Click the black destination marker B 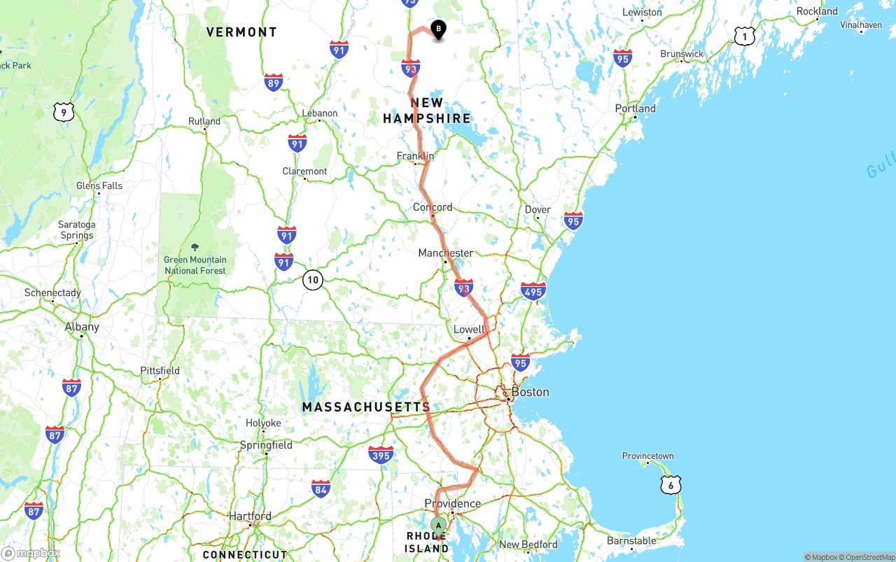coord(439,29)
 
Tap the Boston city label coord(530,392)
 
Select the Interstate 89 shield coord(274,83)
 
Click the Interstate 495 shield coord(533,291)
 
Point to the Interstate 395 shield coord(381,455)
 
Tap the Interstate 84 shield coord(321,489)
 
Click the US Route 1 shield coord(744,36)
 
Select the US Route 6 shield coord(671,484)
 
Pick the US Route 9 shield coord(64,112)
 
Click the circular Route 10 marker coord(312,281)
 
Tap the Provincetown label coord(648,456)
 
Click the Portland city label coord(635,108)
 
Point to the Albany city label coord(82,327)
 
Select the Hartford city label coord(250,517)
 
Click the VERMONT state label coord(241,32)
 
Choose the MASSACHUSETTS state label coord(366,407)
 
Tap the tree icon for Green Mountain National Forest coord(195,247)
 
